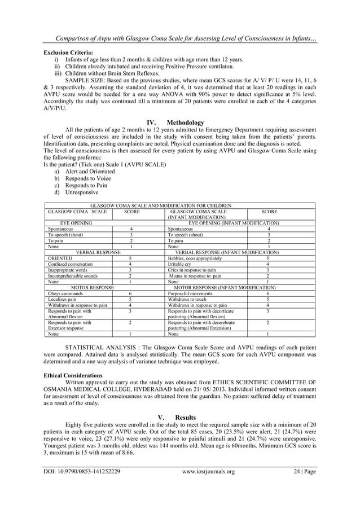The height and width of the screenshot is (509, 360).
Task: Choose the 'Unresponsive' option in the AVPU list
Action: pos(82,192)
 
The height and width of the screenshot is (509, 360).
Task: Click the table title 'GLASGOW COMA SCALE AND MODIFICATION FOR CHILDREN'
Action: pos(160,205)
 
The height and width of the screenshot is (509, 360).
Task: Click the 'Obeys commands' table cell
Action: pos(63,294)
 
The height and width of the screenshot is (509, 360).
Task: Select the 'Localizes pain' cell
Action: pos(62,300)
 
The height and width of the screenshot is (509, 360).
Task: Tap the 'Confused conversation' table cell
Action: pos(69,264)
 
